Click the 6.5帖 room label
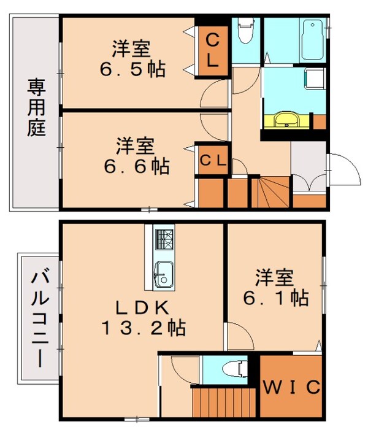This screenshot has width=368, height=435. (x=132, y=58)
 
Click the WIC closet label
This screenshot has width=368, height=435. (x=292, y=388)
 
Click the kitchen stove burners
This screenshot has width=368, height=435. (x=164, y=240)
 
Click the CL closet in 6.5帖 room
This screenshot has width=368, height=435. (x=212, y=51)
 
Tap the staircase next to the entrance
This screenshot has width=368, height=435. (x=270, y=191)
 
